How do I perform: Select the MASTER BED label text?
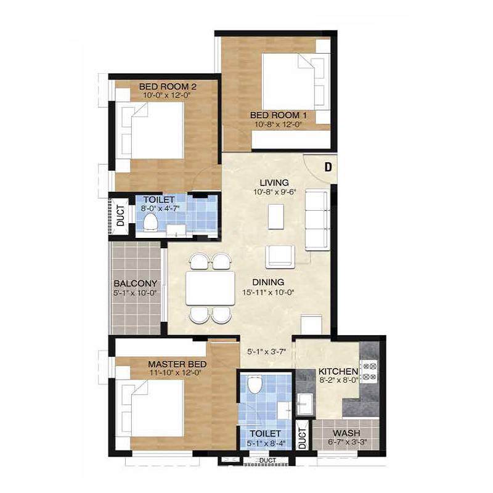tap(177, 364)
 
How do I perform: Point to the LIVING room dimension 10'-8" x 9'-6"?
tap(274, 192)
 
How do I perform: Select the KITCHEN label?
tap(338, 372)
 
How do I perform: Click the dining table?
tap(210, 288)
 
